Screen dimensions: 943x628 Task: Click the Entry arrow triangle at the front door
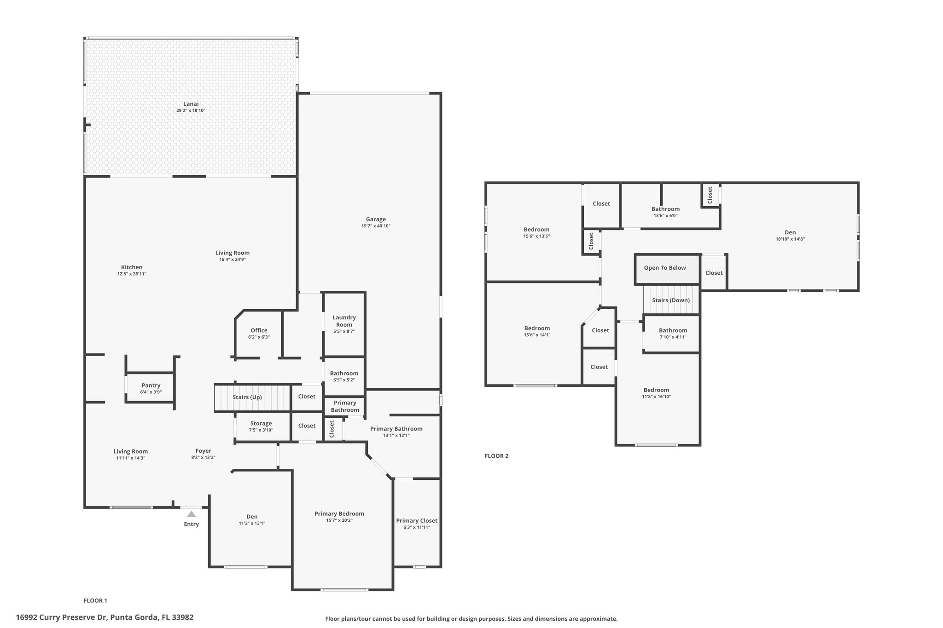click(192, 514)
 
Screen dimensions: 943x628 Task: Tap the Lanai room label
click(191, 104)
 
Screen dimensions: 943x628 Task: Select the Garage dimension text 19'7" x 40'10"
click(376, 226)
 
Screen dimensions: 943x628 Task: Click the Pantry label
click(151, 386)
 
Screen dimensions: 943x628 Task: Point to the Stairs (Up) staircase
click(252, 398)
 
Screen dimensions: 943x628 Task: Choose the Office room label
click(259, 330)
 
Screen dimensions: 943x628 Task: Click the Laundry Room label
click(344, 321)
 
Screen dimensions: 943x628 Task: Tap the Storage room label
click(261, 424)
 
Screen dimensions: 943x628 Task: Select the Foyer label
click(204, 451)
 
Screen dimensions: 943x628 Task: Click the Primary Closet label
click(417, 521)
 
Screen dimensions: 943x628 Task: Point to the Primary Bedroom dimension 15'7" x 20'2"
click(339, 520)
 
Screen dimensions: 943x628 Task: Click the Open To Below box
click(668, 269)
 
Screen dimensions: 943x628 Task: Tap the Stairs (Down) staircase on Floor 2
click(671, 300)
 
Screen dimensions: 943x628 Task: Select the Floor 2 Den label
click(790, 232)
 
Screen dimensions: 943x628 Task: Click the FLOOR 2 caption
click(496, 456)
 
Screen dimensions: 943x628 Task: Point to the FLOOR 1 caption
click(95, 600)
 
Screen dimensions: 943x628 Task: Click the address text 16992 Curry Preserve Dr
click(62, 617)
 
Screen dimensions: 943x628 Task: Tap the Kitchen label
click(132, 267)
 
